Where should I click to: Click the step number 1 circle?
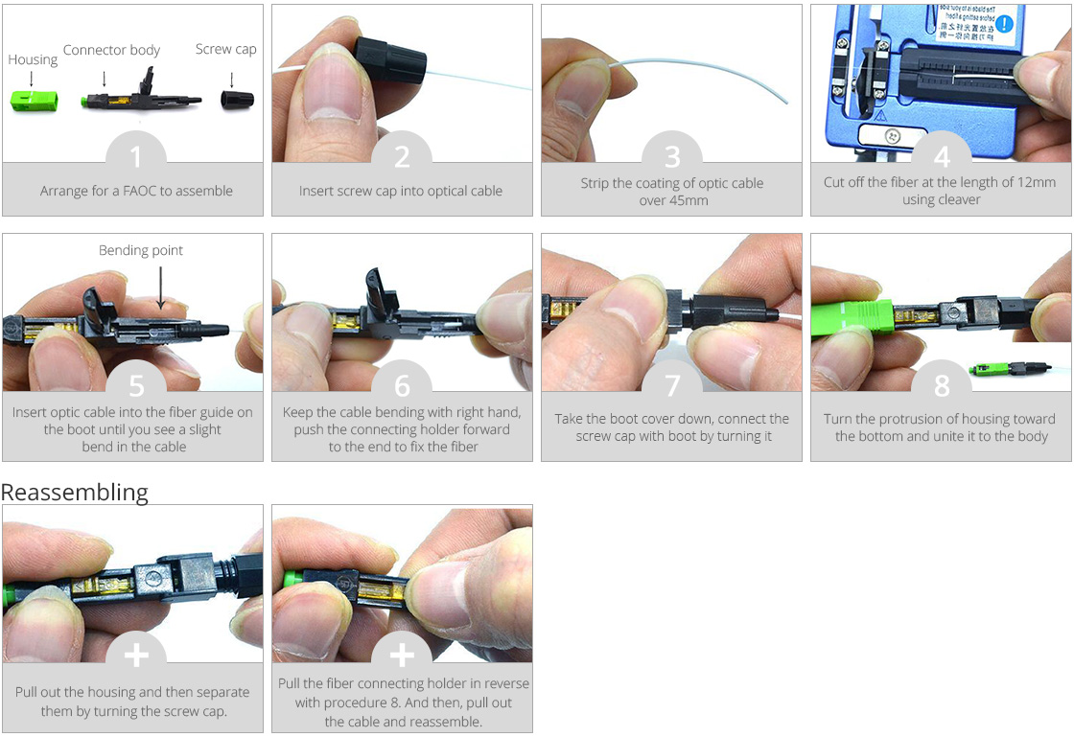pos(135,157)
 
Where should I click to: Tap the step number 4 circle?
pos(941,157)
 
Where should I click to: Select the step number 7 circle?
pos(671,385)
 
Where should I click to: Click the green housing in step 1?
pos(33,99)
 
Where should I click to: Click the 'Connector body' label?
pos(111,50)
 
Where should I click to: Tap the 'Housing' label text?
pos(33,59)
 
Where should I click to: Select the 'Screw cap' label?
pos(225,49)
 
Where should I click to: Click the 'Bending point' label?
pos(141,250)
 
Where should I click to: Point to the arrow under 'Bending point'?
pos(160,287)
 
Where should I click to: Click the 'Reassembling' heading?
pos(75,493)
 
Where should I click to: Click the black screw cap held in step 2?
pos(390,61)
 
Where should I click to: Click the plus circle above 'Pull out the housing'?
pos(135,655)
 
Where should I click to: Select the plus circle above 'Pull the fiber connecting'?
pos(402,655)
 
